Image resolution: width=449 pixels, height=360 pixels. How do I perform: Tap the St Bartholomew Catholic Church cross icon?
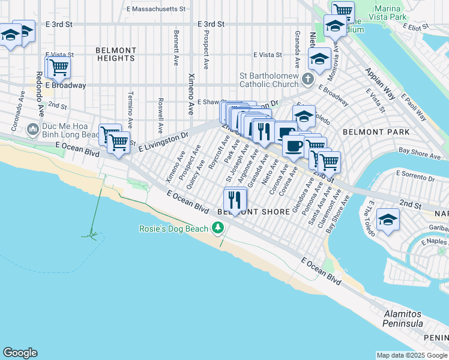tap(307, 79)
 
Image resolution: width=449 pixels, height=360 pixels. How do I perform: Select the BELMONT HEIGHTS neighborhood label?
tap(115, 55)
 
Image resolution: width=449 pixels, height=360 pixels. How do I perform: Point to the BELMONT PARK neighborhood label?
tap(376, 131)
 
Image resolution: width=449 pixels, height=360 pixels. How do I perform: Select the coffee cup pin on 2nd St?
tap(294, 146)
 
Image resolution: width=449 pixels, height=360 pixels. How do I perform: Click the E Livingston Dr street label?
tap(163, 142)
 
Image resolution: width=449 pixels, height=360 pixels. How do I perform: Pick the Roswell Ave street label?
tap(160, 115)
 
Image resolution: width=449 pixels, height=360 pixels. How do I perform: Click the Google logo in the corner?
tap(20, 353)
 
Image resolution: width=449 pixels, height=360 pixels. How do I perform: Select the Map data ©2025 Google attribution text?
tap(412, 355)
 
